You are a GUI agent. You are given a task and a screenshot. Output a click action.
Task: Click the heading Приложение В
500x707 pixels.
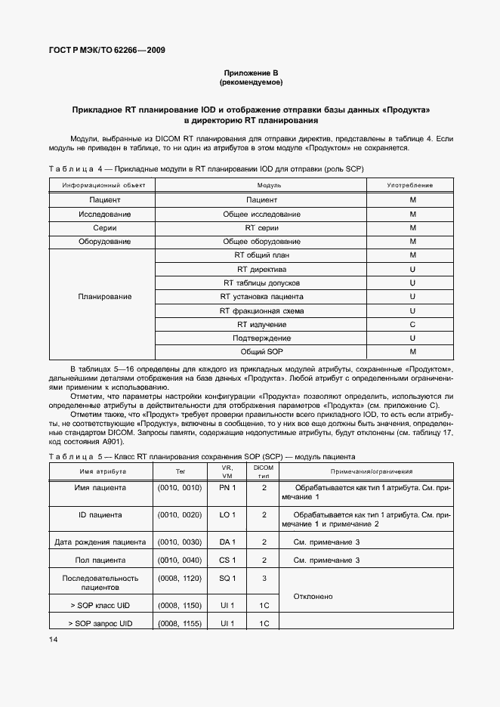tap(250, 73)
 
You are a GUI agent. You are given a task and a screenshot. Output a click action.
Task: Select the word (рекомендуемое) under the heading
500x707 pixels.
tap(250, 82)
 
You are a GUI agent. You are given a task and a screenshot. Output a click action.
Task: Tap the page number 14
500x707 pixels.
tap(52, 640)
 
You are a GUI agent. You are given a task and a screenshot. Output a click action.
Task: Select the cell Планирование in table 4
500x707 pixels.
tap(104, 297)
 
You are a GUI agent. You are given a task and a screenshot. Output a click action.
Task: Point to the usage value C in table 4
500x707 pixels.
tap(412, 324)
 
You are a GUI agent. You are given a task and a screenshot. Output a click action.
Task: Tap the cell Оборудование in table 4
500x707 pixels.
tap(104, 242)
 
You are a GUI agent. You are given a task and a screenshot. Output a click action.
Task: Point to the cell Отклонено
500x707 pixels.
tap(313, 597)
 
